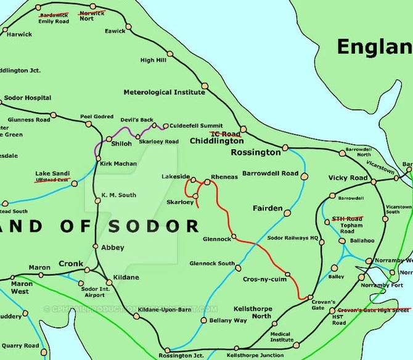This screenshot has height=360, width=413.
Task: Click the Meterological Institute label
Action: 164,92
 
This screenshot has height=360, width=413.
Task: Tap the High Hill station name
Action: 154,60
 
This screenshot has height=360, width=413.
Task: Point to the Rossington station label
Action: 255,152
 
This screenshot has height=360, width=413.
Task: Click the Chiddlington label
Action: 216,141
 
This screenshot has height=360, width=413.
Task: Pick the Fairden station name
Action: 268,208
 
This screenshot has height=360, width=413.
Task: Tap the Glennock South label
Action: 212,263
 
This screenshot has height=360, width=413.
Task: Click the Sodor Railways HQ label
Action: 292,237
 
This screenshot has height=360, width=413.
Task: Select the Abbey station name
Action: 112,248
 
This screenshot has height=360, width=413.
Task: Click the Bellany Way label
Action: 228,321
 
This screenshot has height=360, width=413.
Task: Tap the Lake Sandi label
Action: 52,173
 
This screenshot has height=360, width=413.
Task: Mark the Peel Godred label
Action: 97,117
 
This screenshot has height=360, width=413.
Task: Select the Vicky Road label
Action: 348,178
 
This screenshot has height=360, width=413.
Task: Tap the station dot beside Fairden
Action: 287,213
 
